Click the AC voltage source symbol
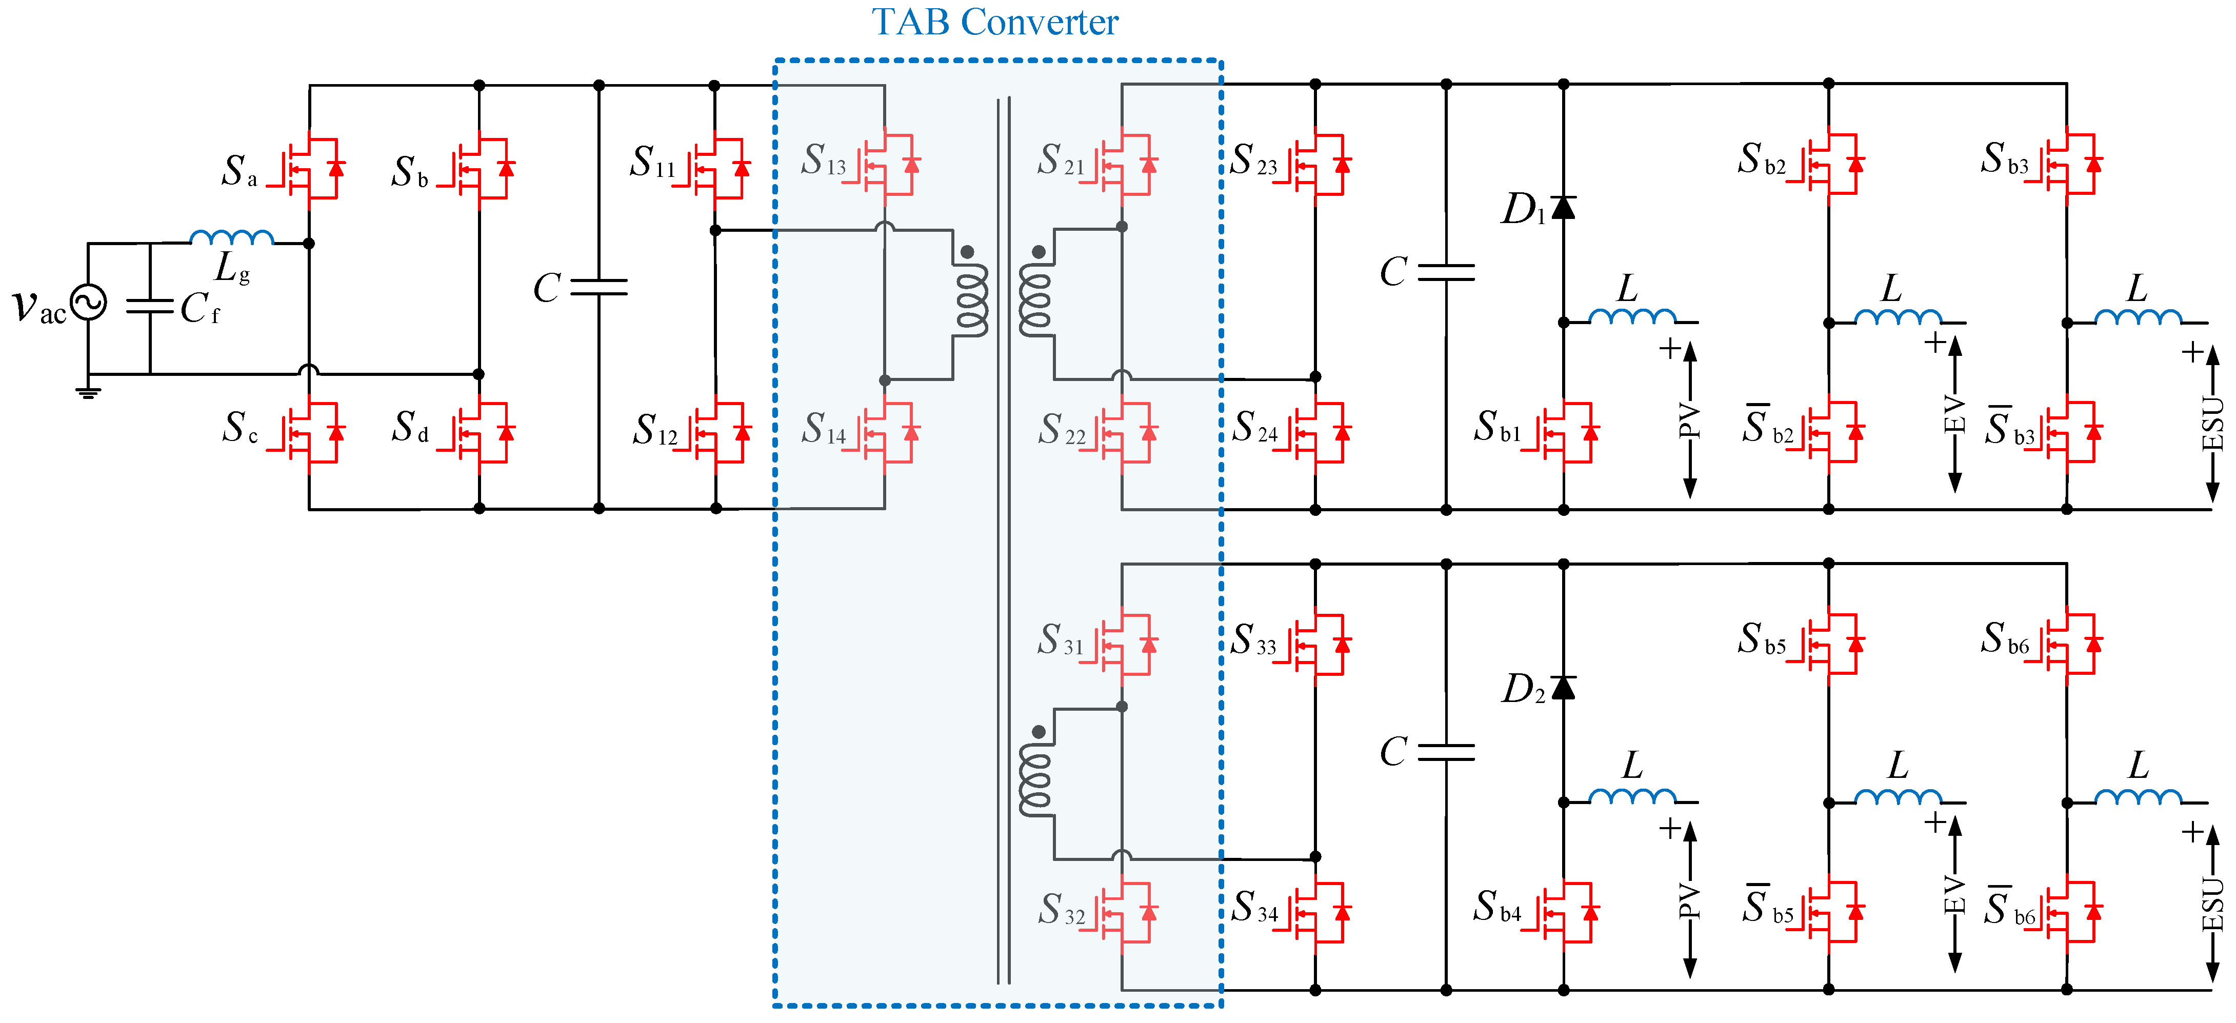pos(89,303)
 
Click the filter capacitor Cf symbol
pos(150,306)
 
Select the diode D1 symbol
pos(1563,207)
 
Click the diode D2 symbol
pos(1563,687)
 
